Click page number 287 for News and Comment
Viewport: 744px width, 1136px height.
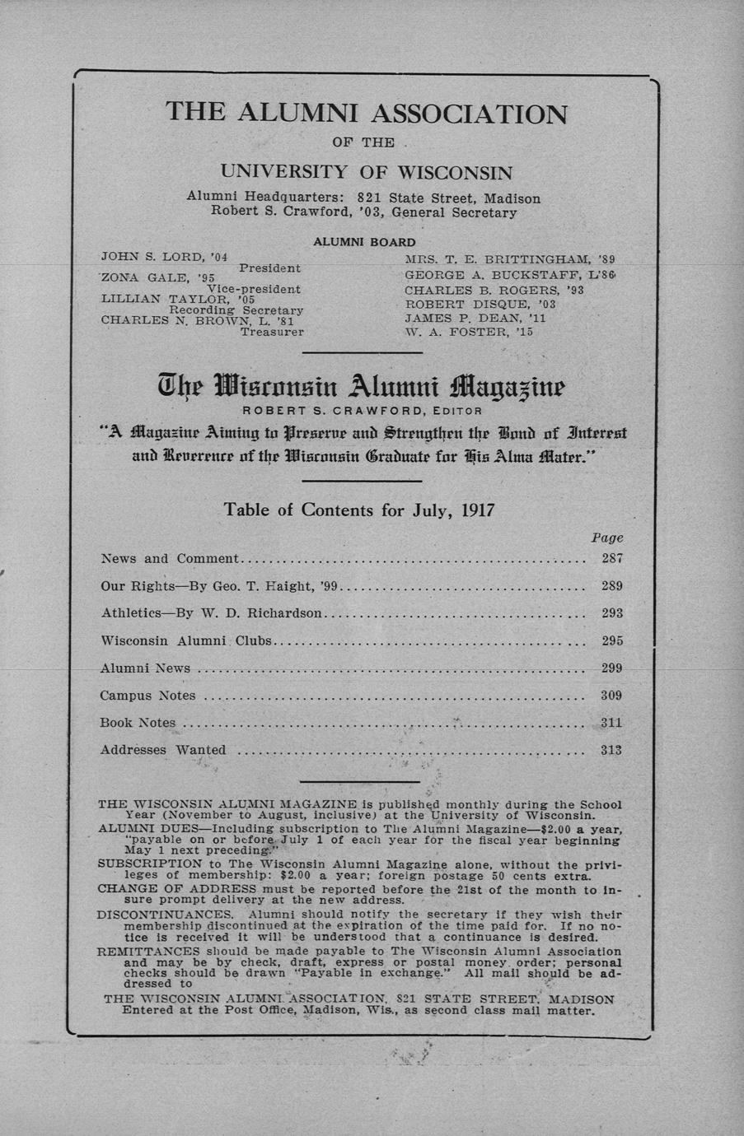click(611, 558)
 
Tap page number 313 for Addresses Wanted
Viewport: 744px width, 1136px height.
click(611, 750)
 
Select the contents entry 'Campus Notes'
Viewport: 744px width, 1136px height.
click(147, 696)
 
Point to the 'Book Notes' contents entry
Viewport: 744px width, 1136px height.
click(138, 723)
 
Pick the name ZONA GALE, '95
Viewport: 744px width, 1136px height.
click(157, 278)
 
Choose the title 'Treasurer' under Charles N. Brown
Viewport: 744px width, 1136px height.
click(272, 333)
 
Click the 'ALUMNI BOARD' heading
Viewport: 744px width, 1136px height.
click(364, 242)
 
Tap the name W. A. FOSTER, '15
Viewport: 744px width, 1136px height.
click(469, 333)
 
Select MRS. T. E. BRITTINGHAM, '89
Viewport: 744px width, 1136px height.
click(510, 259)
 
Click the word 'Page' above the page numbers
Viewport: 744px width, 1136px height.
click(607, 538)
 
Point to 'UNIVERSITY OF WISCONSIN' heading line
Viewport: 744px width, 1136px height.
click(367, 173)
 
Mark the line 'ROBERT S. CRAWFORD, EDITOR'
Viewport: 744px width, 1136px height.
click(362, 410)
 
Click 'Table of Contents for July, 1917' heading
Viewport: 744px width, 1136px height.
click(359, 510)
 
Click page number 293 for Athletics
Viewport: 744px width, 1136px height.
click(611, 613)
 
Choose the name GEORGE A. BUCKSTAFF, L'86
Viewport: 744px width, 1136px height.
click(511, 274)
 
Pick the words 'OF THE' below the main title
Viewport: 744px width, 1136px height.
click(363, 142)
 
